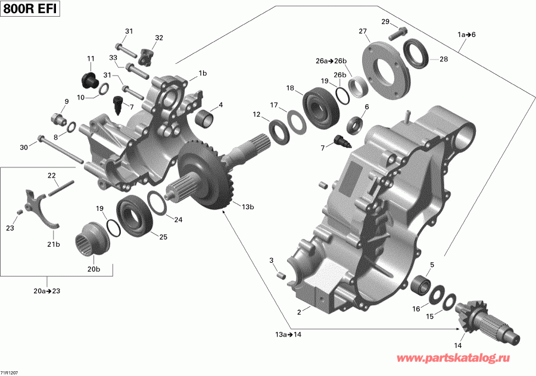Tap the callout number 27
[x=362, y=31]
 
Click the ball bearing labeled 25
[x=136, y=214]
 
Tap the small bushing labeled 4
[x=206, y=119]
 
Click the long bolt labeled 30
[x=60, y=151]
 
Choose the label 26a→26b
[x=331, y=60]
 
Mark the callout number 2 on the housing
[x=300, y=310]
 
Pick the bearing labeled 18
[x=320, y=105]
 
